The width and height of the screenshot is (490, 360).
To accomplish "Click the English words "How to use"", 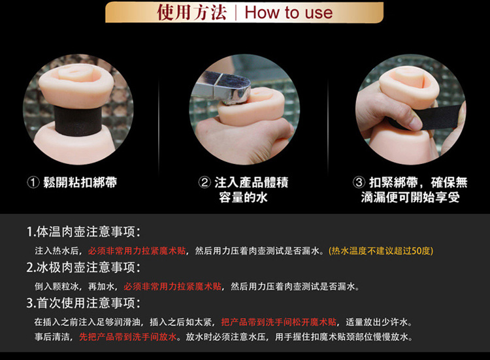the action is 288,12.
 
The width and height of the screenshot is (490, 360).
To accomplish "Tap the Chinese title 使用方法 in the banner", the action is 191,12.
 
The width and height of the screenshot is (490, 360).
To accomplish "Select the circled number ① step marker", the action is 33,182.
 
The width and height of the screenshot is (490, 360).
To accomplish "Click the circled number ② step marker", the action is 204,182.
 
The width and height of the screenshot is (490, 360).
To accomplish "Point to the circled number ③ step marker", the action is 359,182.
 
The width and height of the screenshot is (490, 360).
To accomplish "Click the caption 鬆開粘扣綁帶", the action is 80,182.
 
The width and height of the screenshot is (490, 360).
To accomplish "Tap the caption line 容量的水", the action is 243,197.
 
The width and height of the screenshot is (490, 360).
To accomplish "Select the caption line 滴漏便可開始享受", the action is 410,197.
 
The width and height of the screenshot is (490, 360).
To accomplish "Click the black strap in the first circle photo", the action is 78,121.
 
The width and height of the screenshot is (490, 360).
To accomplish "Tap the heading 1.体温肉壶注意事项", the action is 84,232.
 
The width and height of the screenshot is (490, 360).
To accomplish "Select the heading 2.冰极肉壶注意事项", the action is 84,267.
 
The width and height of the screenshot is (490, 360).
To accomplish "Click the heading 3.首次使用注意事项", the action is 84,303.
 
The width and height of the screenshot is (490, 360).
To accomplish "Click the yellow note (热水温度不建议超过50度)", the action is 381,251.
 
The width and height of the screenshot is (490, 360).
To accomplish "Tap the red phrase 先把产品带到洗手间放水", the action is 128,337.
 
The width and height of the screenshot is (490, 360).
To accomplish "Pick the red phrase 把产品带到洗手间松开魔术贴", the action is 279,322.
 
